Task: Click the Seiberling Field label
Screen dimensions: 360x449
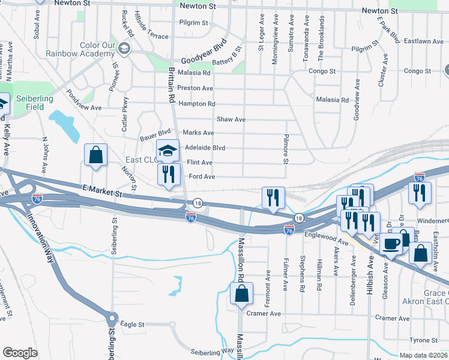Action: (34, 103)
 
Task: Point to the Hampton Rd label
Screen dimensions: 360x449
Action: (196, 104)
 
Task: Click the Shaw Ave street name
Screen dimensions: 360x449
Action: (231, 119)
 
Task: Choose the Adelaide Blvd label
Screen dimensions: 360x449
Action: (205, 148)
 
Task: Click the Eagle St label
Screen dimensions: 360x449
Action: (133, 324)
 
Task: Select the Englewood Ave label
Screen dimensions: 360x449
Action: (327, 238)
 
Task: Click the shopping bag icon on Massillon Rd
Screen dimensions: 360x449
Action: (241, 293)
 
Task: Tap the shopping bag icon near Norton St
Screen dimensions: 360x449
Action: (95, 155)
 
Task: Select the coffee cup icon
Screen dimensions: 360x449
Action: (391, 244)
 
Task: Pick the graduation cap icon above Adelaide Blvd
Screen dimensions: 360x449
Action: (168, 150)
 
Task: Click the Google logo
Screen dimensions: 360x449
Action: (20, 353)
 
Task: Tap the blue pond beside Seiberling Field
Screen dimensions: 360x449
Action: (64, 125)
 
